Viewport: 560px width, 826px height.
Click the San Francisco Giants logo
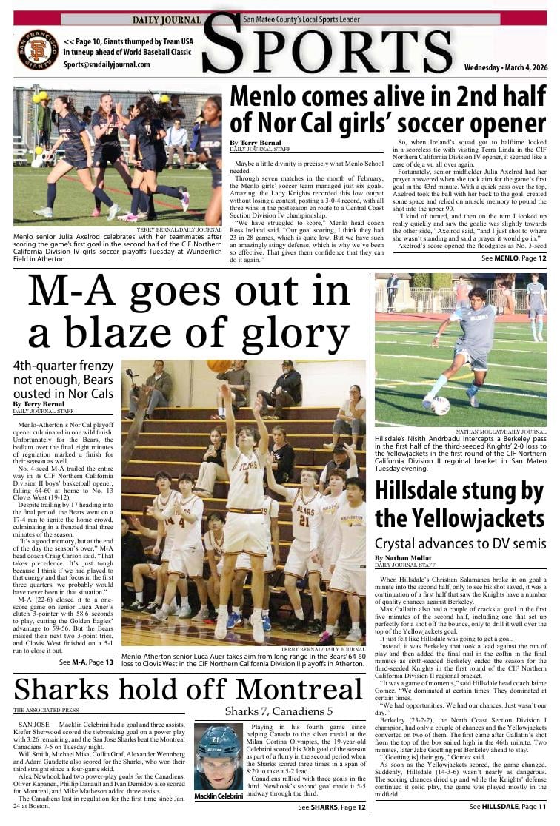pyautogui.click(x=38, y=49)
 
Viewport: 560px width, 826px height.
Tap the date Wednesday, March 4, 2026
pyautogui.click(x=506, y=67)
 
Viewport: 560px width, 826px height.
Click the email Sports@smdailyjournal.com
pyautogui.click(x=107, y=64)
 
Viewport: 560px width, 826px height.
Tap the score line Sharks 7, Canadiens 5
pyautogui.click(x=279, y=711)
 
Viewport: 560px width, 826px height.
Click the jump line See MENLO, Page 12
pyautogui.click(x=514, y=258)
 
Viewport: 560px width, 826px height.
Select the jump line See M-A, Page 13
pyautogui.click(x=87, y=662)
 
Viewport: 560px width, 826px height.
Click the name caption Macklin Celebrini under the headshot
pyautogui.click(x=219, y=796)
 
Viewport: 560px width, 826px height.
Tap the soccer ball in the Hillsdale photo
pyautogui.click(x=440, y=405)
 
